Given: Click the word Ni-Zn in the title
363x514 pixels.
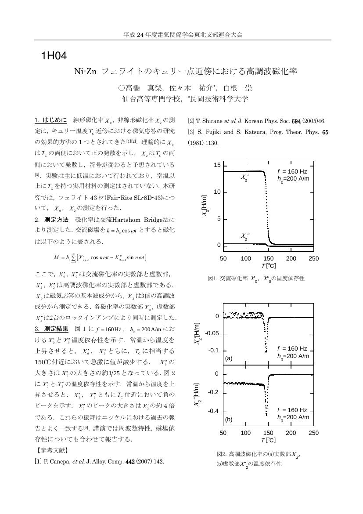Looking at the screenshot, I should pyautogui.click(x=85, y=71).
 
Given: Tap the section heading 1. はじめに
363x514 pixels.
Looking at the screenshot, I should pyautogui.click(x=50, y=120).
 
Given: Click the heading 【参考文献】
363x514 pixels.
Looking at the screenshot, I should pyautogui.click(x=51, y=450).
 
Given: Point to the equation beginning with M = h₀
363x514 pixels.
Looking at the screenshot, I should pyautogui.click(x=100, y=257).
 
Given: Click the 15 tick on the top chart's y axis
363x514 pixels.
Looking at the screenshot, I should pyautogui.click(x=217, y=165).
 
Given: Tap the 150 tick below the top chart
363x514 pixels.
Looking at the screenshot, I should pyautogui.click(x=268, y=258).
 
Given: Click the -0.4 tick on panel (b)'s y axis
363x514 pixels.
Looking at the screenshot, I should pyautogui.click(x=213, y=411).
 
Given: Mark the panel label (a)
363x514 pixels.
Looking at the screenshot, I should pyautogui.click(x=228, y=358).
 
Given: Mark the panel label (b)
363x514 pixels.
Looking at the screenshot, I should pyautogui.click(x=228, y=419).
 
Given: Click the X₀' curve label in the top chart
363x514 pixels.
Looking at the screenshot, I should pyautogui.click(x=245, y=177).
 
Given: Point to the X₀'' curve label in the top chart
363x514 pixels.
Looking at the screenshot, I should pyautogui.click(x=245, y=236).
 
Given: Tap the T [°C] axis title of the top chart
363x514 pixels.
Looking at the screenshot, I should pyautogui.click(x=268, y=266).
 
